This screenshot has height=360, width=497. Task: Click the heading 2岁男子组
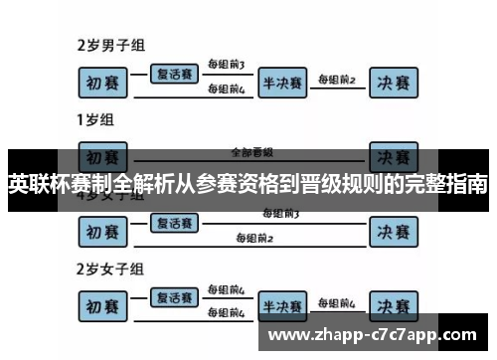(x=112, y=45)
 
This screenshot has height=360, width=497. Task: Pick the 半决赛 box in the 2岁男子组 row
(x=282, y=84)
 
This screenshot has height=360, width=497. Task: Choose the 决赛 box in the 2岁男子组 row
(x=393, y=84)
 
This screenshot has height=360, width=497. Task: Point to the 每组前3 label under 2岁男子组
(x=226, y=65)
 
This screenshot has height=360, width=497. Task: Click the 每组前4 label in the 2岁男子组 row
(x=226, y=90)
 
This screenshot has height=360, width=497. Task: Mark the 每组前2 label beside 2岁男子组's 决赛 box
(x=337, y=79)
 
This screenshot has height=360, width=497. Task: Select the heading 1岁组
(x=95, y=120)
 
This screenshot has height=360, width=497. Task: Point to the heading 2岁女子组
(x=112, y=269)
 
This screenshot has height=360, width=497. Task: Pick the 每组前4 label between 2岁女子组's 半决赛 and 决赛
(x=337, y=301)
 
